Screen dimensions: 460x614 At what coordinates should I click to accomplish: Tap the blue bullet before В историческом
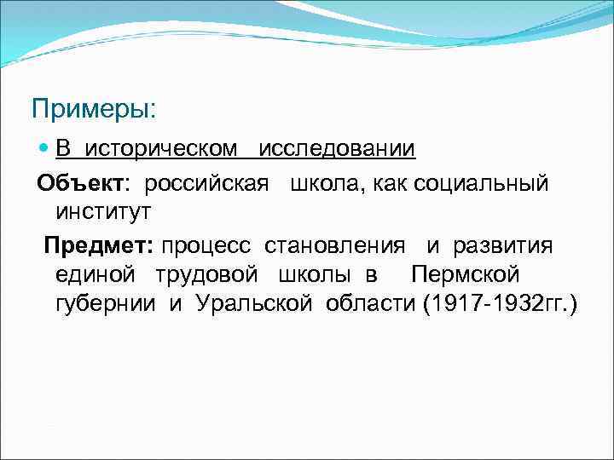click(45, 150)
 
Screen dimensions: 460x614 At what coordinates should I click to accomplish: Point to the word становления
click(334, 246)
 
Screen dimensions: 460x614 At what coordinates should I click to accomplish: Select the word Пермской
click(466, 275)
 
